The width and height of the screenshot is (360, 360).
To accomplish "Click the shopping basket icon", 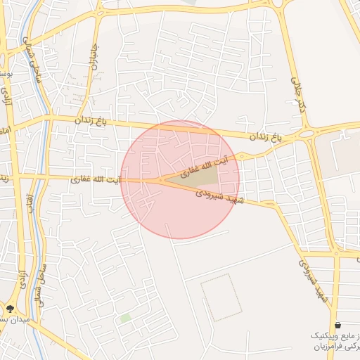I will pyautogui.click(x=339, y=325).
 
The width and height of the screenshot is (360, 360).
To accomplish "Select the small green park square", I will pyautogui.click(x=125, y=319).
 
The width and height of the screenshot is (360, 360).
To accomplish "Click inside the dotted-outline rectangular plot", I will pyautogui.click(x=221, y=297).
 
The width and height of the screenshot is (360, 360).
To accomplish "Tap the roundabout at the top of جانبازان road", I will pyautogui.click(x=99, y=12).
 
